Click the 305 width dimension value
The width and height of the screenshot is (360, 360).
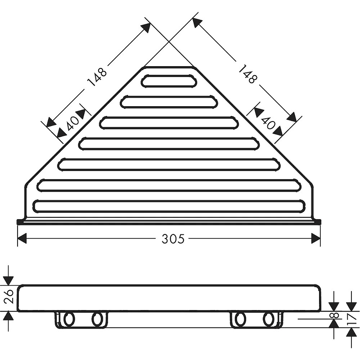click(x=173, y=238)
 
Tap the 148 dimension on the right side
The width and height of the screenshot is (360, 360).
click(x=247, y=73)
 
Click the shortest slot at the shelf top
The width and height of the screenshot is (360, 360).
click(x=169, y=81)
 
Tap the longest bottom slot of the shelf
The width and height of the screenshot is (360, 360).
click(x=169, y=207)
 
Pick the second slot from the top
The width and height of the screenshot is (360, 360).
click(x=169, y=102)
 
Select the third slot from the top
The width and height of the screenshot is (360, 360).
click(x=169, y=122)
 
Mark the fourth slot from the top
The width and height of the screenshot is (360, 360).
click(x=169, y=144)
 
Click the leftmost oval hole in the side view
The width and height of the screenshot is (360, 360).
click(x=69, y=319)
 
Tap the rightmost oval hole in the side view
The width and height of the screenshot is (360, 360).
click(x=269, y=319)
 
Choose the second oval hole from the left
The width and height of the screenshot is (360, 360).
click(x=97, y=319)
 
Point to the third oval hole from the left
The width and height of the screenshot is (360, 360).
click(x=240, y=319)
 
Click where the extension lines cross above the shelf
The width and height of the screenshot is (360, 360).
click(x=169, y=42)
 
